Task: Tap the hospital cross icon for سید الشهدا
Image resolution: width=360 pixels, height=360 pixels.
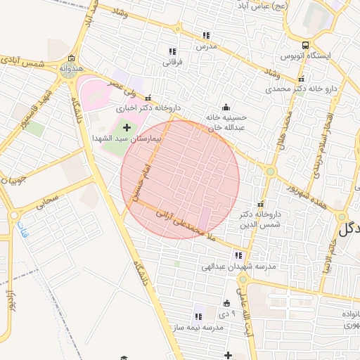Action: point(127,127)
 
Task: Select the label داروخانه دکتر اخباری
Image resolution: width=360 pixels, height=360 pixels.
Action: point(143,108)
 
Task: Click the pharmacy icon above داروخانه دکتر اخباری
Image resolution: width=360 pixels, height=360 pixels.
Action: point(148,98)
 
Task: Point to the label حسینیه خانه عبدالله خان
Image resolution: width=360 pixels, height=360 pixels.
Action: point(229,123)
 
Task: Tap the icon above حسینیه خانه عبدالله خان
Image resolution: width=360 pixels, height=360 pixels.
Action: point(226,107)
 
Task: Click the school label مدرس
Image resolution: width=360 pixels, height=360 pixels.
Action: point(204,46)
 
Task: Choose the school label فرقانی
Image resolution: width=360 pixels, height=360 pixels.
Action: point(172,62)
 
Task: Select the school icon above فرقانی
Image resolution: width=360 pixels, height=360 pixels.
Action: point(172,51)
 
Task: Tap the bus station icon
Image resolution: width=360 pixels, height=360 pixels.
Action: point(304,45)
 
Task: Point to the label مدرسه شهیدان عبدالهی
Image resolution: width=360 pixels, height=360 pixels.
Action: point(238,266)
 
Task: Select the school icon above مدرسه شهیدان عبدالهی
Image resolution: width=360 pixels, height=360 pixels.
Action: point(239,255)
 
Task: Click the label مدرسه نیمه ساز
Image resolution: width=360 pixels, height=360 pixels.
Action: point(198,328)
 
